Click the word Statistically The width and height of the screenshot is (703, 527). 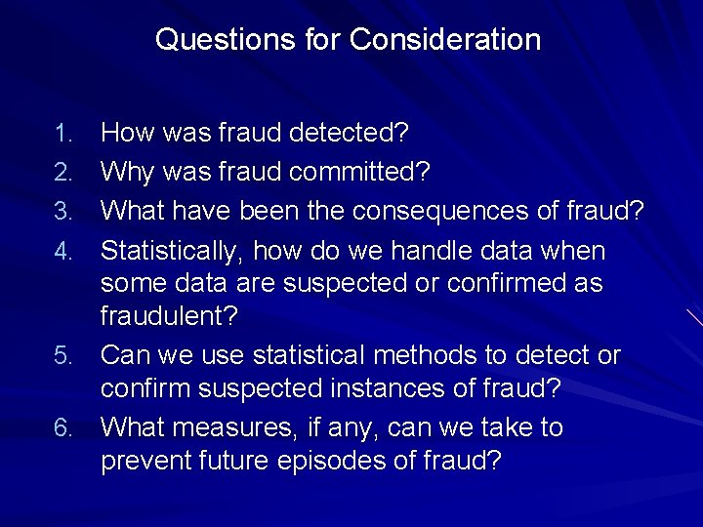point(171,251)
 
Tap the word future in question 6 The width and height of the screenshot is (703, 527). point(233,461)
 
